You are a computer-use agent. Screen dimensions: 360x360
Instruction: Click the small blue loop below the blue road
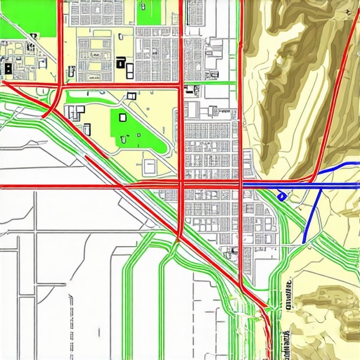click(281, 196)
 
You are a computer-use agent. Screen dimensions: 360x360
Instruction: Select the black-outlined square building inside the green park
click(123, 118)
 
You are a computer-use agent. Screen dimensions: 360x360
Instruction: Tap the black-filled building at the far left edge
click(7, 68)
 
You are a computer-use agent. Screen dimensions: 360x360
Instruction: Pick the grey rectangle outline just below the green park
click(149, 167)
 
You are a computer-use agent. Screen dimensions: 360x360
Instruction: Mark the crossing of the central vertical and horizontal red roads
click(182, 186)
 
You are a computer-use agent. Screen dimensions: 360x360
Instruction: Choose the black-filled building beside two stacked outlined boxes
click(121, 64)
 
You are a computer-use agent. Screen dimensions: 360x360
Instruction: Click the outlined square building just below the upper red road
click(131, 96)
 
